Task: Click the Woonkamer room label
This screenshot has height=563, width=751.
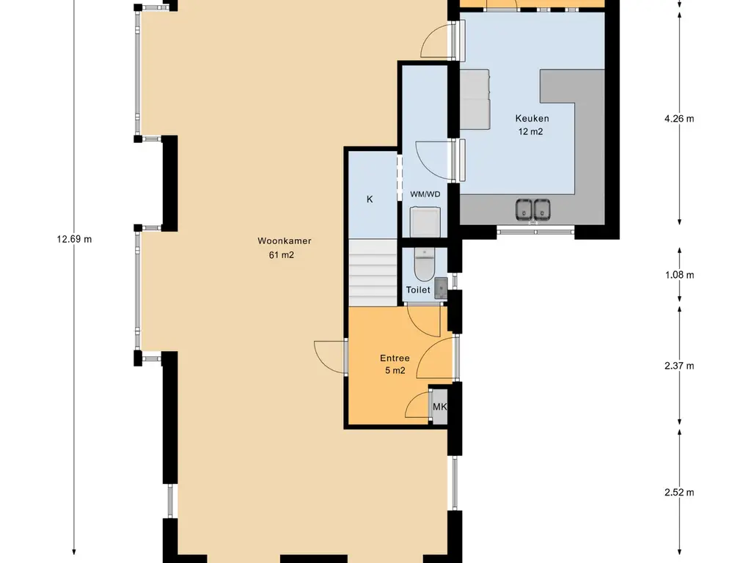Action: [285, 240]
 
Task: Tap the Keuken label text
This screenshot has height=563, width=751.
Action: [532, 118]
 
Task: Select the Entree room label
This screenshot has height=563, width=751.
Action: [395, 358]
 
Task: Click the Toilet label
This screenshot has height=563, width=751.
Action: [418, 290]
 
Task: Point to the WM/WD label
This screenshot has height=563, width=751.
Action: [425, 194]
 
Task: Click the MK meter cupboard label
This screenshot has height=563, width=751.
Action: [440, 407]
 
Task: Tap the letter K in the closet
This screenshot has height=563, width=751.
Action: [370, 199]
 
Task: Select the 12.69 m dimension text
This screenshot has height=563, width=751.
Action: [74, 240]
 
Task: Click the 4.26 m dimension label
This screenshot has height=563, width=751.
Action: [679, 119]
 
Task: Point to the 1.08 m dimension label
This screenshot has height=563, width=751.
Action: [679, 275]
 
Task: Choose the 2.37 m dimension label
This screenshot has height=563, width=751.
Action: [679, 366]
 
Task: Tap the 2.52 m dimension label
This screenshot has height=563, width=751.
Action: [679, 492]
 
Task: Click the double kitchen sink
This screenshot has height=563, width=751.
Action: [533, 210]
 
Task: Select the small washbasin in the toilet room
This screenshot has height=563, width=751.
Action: [441, 288]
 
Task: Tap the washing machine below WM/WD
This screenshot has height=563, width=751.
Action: [425, 221]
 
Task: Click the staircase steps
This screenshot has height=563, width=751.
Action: [373, 273]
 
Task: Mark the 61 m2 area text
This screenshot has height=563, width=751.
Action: [282, 255]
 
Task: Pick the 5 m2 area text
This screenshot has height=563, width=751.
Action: [395, 370]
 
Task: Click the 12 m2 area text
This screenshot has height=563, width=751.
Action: [531, 132]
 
